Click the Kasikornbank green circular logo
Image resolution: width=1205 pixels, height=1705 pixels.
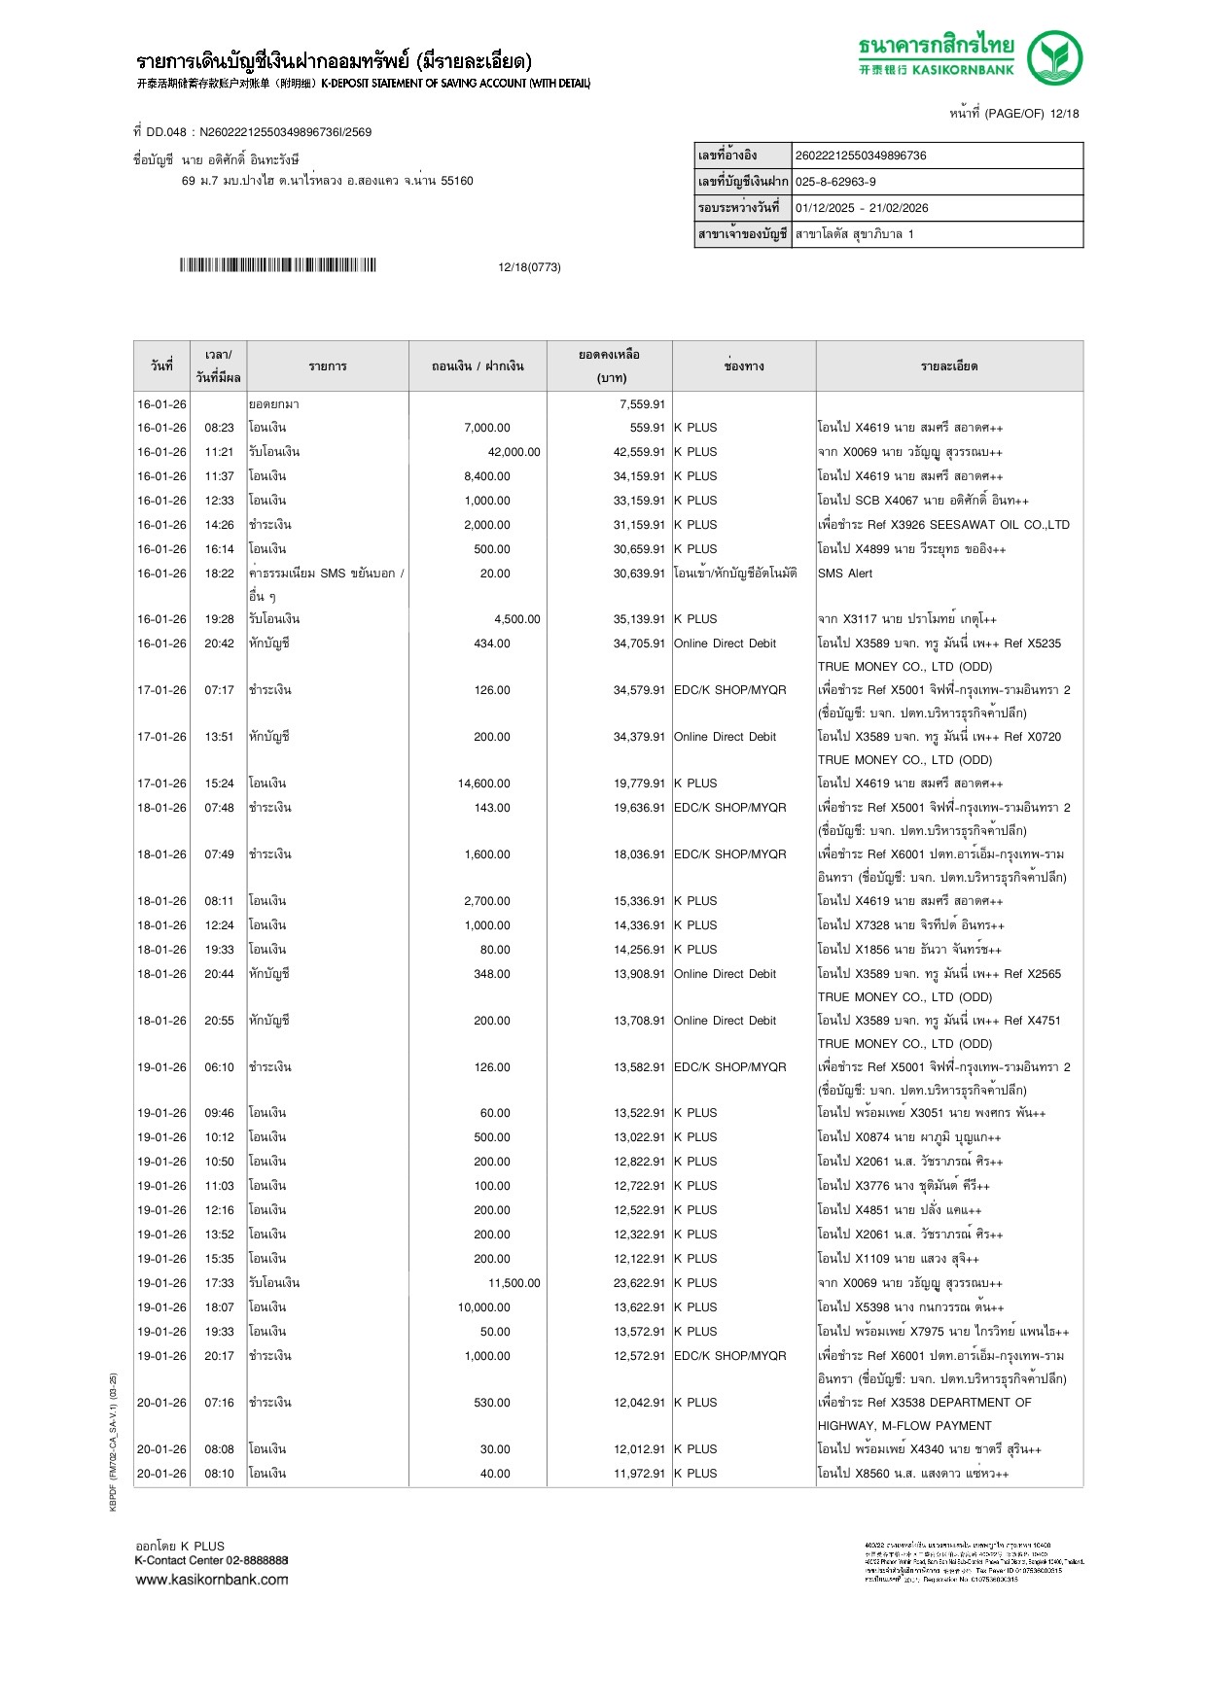[1054, 58]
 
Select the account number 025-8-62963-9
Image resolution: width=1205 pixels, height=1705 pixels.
[835, 182]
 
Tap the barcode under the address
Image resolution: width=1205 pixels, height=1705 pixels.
[277, 265]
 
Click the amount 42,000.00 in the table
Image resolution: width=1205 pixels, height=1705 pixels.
[514, 452]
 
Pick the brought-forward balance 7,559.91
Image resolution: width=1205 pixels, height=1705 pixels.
[642, 404]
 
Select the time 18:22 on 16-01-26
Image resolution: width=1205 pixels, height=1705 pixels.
[219, 574]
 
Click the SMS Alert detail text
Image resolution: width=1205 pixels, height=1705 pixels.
[845, 574]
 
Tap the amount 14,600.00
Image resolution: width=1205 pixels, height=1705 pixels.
[483, 783]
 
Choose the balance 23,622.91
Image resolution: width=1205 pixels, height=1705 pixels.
[639, 1283]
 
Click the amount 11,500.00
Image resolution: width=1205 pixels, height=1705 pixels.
[514, 1283]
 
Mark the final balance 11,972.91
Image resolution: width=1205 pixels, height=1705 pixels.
[639, 1474]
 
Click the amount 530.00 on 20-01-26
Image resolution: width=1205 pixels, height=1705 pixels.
[491, 1403]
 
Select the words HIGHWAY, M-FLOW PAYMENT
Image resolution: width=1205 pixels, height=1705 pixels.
[904, 1426]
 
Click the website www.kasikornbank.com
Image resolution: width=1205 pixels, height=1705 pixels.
[212, 1580]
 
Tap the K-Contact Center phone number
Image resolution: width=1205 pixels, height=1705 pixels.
[257, 1560]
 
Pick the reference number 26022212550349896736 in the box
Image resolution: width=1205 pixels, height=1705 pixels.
[861, 156]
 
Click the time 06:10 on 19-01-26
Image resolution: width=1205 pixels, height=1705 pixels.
[219, 1067]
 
